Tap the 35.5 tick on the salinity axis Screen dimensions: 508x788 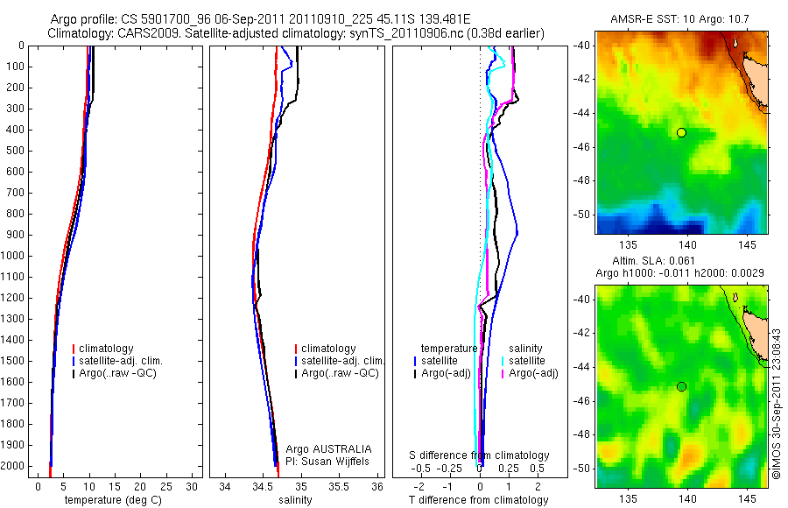coord(342,486)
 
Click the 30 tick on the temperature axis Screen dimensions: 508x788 coord(192,486)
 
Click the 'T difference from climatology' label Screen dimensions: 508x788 coord(478,500)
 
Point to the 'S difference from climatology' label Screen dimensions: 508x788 coord(479,455)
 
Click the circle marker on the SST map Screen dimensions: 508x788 coord(681,132)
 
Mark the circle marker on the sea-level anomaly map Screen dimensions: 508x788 coord(681,386)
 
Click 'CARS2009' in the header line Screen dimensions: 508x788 coord(141,33)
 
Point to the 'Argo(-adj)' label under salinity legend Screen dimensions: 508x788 coord(533,374)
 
